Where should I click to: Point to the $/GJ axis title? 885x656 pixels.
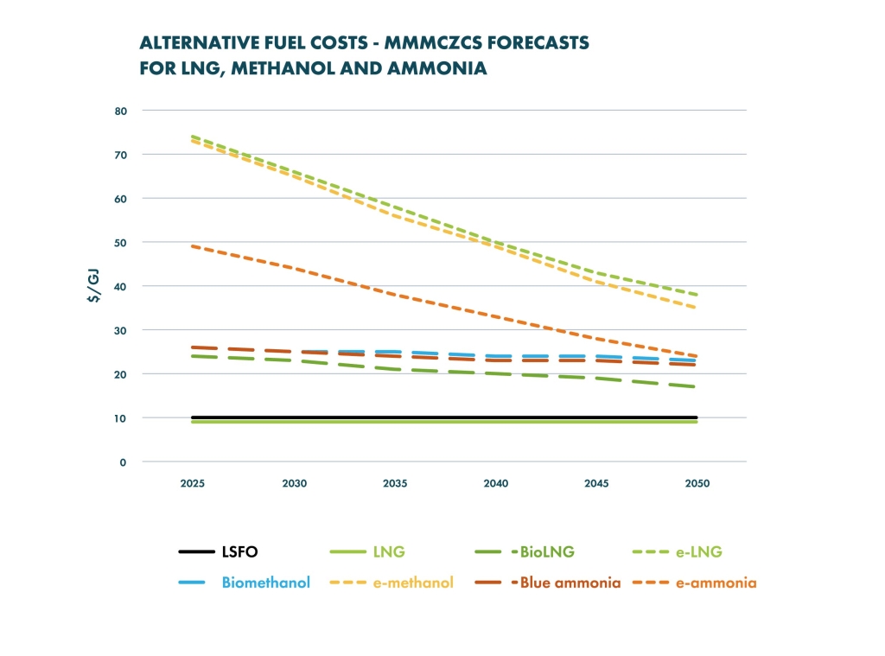tap(94, 286)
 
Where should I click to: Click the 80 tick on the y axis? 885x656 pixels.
tap(121, 111)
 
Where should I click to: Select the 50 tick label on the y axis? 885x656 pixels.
tap(121, 243)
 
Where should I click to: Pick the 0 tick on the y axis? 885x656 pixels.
tap(123, 462)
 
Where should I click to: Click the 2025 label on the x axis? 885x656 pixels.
tap(193, 483)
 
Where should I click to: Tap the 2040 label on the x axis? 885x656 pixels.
tap(495, 483)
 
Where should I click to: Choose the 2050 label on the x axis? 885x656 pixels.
tap(697, 483)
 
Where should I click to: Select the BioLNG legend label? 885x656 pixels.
tap(547, 551)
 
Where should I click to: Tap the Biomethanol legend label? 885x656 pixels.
tap(266, 583)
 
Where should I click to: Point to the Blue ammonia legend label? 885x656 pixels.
tap(570, 583)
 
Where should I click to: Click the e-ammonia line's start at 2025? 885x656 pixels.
tap(193, 246)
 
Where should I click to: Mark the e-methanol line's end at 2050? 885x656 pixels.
tap(696, 308)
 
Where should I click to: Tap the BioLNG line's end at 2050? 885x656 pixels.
tap(696, 386)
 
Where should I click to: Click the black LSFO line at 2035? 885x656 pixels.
tap(395, 417)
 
